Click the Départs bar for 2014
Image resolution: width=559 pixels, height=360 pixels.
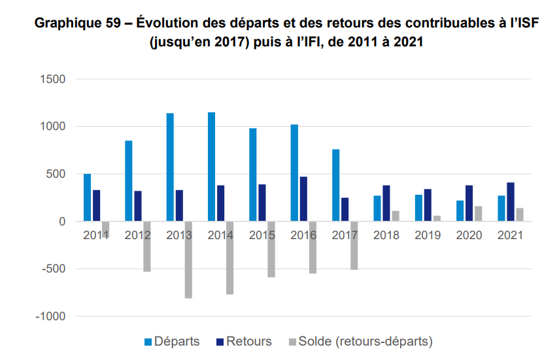[x=211, y=167]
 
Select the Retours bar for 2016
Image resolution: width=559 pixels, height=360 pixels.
[x=303, y=199]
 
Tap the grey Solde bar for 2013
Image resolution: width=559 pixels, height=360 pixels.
[x=188, y=259]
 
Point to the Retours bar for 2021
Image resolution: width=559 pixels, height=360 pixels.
[x=511, y=202]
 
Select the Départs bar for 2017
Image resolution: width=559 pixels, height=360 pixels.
[x=335, y=185]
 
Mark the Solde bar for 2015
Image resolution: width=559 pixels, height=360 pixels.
[x=271, y=249]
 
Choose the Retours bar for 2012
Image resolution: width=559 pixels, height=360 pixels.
[x=137, y=206]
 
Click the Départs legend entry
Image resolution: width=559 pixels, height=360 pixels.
[x=171, y=342]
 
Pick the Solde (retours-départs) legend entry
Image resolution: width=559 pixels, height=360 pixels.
[x=360, y=342]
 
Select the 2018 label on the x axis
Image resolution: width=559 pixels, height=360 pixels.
[x=386, y=235]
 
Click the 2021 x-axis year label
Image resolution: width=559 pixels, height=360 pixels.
[x=510, y=235]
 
